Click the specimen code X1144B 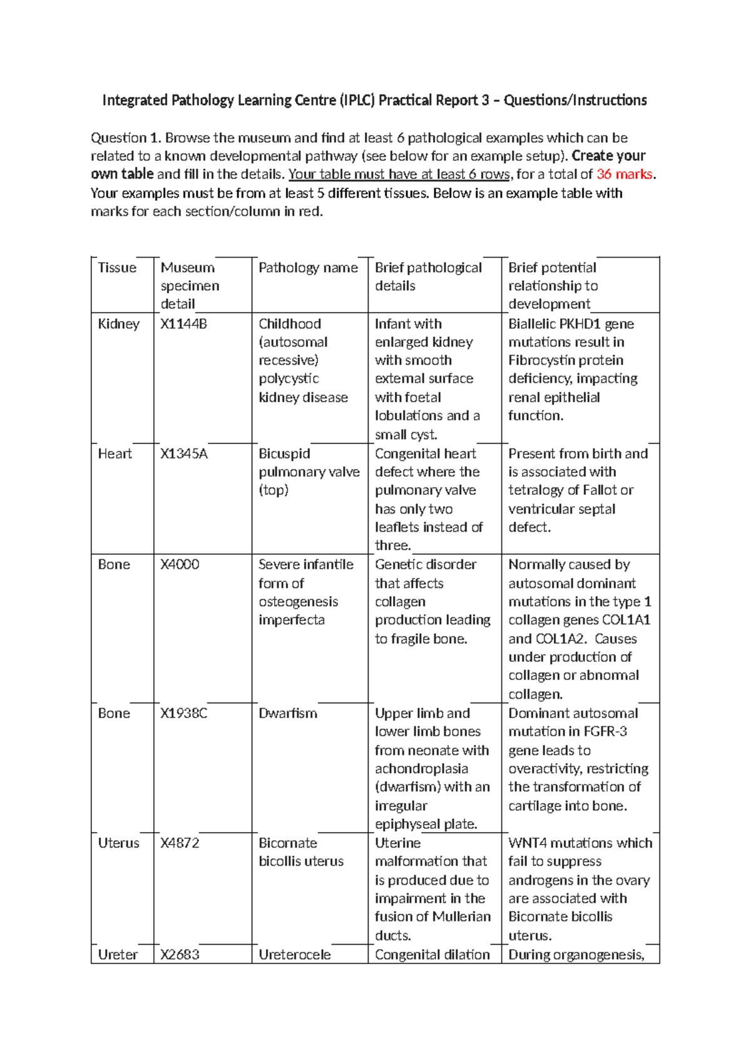point(183,324)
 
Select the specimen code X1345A point(183,454)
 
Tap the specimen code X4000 point(180,564)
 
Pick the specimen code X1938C point(183,713)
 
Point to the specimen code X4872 point(180,843)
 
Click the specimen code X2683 point(180,954)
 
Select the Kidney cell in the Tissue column point(118,324)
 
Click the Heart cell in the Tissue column point(115,454)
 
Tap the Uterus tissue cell point(118,843)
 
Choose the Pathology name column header point(308,268)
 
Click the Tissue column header point(117,268)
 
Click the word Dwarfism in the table point(288,713)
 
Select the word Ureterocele point(295,954)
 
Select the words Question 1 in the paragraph point(125,138)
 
